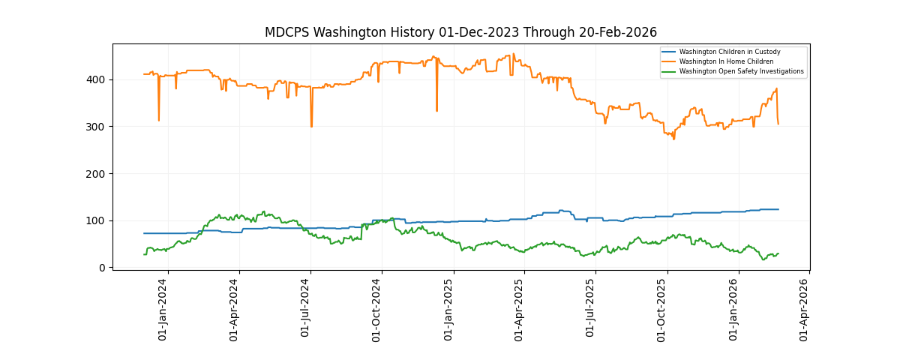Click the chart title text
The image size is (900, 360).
coord(460,32)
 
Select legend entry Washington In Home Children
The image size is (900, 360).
coord(726,61)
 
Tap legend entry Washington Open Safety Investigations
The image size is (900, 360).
coord(741,71)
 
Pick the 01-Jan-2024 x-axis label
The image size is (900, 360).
coord(163,309)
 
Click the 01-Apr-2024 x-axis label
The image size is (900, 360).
coord(235,309)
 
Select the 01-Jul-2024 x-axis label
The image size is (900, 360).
coord(306,309)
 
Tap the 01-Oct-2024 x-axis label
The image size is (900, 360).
coord(377,309)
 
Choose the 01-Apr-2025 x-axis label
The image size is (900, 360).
coord(520,309)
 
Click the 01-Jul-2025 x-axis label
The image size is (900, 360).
coord(591,309)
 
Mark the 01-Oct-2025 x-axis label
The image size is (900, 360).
coord(662,309)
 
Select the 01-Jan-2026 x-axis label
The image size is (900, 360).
coord(734,309)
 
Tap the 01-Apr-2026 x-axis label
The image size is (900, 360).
coord(805,309)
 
